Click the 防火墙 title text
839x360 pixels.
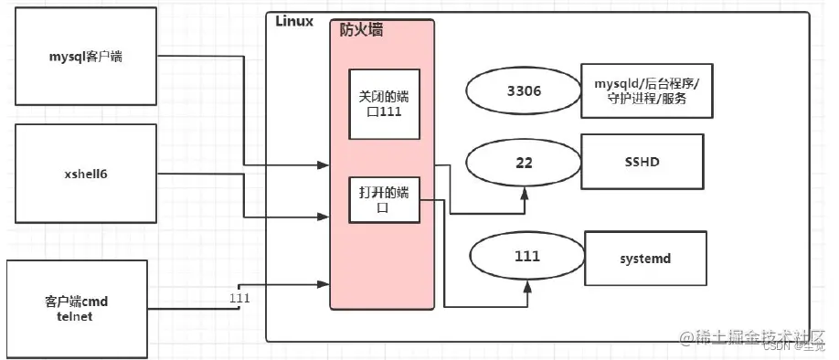click(361, 30)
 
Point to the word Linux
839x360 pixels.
click(294, 20)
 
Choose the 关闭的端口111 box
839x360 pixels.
click(383, 102)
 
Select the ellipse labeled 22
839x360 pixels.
click(524, 163)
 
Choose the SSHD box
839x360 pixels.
click(643, 162)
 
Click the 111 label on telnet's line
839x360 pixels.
click(239, 298)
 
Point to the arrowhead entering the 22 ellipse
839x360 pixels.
click(526, 193)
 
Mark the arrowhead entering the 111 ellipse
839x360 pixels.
click(528, 286)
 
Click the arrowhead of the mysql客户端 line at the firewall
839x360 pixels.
click(324, 165)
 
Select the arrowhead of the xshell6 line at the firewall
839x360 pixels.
click(324, 217)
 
